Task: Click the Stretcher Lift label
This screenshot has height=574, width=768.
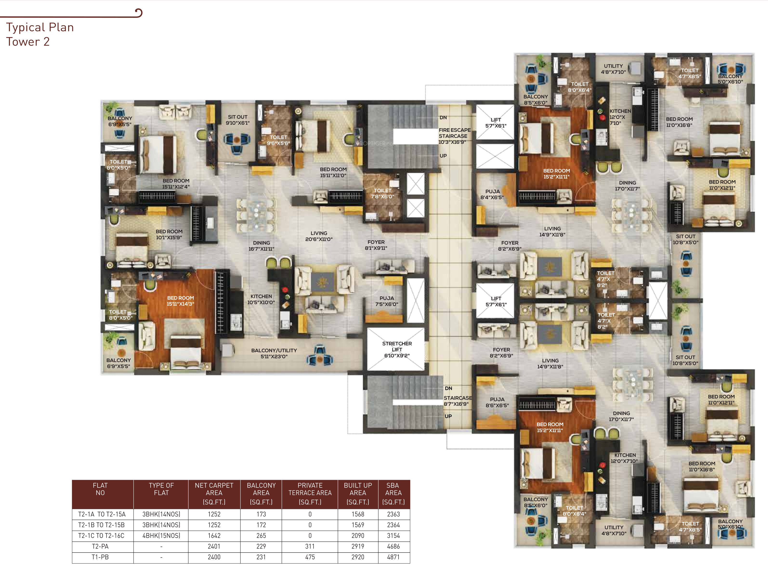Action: (x=397, y=349)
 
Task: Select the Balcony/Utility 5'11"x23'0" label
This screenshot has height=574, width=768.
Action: (x=274, y=353)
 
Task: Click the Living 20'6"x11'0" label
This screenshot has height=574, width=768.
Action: (x=319, y=236)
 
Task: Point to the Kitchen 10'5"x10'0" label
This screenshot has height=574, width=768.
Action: (x=261, y=299)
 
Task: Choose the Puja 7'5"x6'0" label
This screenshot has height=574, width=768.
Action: (x=387, y=301)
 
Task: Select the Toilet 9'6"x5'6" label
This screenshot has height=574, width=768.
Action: (x=278, y=140)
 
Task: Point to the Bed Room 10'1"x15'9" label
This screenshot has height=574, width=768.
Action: (x=169, y=234)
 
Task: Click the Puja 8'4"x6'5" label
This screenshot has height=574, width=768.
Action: (x=492, y=194)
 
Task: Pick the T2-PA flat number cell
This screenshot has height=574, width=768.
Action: (x=100, y=546)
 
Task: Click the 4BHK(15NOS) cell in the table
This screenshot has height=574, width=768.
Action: (x=161, y=535)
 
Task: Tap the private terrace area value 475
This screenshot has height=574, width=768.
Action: (x=310, y=557)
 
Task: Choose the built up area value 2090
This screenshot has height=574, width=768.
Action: (x=358, y=535)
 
